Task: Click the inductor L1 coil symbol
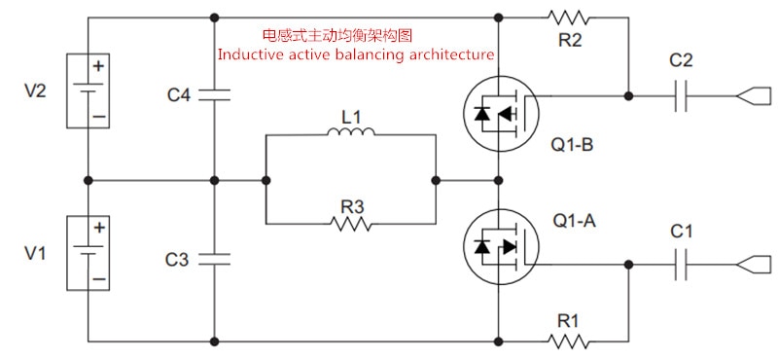tap(351, 131)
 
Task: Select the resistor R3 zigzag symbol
tap(350, 224)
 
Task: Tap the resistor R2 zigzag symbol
tap(569, 18)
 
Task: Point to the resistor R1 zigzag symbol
tap(569, 342)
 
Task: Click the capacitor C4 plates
tap(214, 94)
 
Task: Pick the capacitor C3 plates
tap(214, 259)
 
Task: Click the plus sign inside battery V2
tap(99, 65)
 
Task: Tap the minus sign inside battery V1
tap(99, 278)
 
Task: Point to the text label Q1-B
tap(572, 145)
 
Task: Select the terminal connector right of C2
tap(755, 95)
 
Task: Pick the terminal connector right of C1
tap(755, 265)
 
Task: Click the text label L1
tap(350, 118)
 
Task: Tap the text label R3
tap(352, 206)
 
